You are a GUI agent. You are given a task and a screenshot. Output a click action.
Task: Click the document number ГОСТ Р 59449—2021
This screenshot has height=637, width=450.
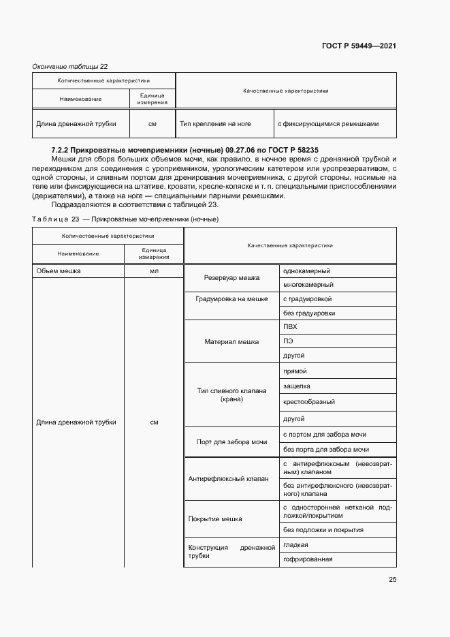point(359,46)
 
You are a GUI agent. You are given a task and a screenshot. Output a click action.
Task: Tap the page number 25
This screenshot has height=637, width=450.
point(392,580)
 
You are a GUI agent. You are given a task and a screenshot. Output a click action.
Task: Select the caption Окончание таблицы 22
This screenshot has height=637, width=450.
point(70,66)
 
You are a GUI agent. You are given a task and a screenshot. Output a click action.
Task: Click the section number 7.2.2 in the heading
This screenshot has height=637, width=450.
point(63,149)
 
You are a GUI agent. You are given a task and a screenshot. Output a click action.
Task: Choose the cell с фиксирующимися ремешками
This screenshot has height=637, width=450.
point(328,124)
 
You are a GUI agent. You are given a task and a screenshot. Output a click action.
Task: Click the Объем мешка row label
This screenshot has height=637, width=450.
point(59,270)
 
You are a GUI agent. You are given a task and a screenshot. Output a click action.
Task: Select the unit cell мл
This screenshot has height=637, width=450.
point(154,270)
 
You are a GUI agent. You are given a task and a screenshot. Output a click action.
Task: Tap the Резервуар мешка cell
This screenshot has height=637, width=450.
point(231,278)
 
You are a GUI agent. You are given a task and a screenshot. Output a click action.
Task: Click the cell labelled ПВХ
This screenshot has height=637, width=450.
point(291,327)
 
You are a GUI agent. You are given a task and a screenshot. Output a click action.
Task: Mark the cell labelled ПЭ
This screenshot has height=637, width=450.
point(289,341)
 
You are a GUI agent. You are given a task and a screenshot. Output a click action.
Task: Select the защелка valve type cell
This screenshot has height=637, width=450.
point(297,386)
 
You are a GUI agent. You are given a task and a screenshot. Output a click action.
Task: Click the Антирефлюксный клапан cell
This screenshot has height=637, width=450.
point(228,478)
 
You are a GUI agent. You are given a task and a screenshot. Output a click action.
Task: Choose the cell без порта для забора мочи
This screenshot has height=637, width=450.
point(326,449)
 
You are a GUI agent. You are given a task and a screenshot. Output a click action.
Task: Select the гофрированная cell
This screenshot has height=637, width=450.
point(308,559)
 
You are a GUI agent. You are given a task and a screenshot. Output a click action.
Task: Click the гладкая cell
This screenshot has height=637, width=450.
point(296,544)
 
